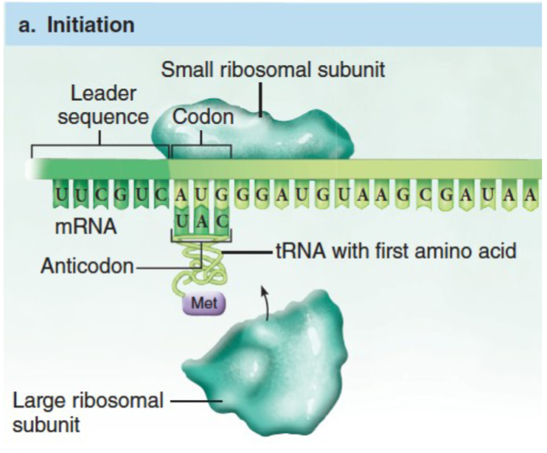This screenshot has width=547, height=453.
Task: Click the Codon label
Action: tap(203, 117)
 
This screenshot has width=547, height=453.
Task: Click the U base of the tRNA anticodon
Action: tap(182, 220)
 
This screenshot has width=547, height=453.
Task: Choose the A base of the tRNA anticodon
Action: tap(201, 220)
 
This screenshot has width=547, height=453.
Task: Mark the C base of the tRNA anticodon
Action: tap(220, 220)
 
